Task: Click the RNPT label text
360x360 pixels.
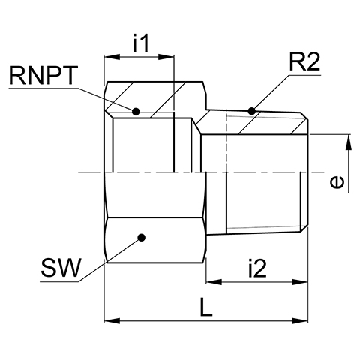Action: coord(42,76)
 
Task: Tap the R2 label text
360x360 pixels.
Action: coord(304,62)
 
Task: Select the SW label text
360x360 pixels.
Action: coord(61,268)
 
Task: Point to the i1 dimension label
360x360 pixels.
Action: coord(141,43)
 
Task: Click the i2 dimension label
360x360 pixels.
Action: coord(257,268)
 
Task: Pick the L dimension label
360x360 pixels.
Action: coord(206,307)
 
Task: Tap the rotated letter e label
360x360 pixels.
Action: coord(337,181)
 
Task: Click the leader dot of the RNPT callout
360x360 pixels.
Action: coord(136,112)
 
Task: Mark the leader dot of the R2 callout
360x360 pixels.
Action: coord(251,111)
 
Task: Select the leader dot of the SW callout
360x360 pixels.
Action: coord(142,238)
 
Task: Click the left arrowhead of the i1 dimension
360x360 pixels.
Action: coord(112,57)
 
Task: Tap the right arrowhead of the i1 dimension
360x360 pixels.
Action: coord(166,57)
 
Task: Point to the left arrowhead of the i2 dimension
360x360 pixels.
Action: coord(214,282)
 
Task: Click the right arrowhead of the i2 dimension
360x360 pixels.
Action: coord(299,282)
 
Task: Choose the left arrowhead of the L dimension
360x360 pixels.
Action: coord(112,320)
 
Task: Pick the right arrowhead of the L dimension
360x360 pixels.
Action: coord(299,320)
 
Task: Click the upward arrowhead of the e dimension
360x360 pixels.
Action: coord(349,142)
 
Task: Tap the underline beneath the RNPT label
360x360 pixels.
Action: coord(43,88)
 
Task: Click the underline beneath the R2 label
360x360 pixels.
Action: coord(304,75)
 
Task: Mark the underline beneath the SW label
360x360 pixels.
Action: coord(59,281)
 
